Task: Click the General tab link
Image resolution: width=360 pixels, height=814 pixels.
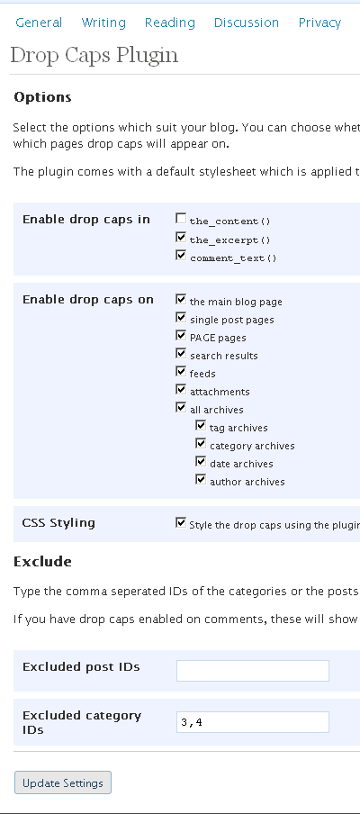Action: (x=39, y=23)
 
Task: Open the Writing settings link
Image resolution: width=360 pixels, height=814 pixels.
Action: (x=103, y=23)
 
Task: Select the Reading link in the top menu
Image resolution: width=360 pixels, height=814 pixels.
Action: (x=169, y=23)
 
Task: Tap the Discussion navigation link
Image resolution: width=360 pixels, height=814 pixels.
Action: (x=247, y=23)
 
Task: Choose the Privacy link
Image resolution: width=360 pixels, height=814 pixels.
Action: (x=319, y=23)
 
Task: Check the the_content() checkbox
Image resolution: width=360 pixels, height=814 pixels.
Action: (x=181, y=219)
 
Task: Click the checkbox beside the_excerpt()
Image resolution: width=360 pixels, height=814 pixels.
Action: (x=181, y=238)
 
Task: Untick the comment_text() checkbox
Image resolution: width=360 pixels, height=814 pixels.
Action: (x=181, y=256)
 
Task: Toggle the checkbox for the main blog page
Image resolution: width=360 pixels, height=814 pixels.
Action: (x=181, y=300)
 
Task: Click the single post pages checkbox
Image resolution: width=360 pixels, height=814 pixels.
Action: (x=181, y=318)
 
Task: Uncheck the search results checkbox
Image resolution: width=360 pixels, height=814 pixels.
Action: (x=181, y=354)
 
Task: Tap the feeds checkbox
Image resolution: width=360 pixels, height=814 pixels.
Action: (x=181, y=372)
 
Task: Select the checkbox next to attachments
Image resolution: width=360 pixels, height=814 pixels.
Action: (x=181, y=389)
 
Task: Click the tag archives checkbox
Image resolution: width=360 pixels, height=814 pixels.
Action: (x=201, y=426)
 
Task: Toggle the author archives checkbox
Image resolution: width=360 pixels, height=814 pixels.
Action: (x=201, y=480)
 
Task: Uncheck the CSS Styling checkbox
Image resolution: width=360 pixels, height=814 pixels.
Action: (x=181, y=523)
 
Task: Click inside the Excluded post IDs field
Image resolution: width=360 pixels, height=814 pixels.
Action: (x=253, y=671)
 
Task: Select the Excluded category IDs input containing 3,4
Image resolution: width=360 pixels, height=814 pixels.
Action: (x=253, y=722)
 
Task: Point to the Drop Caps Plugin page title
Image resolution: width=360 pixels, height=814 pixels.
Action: (x=94, y=56)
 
